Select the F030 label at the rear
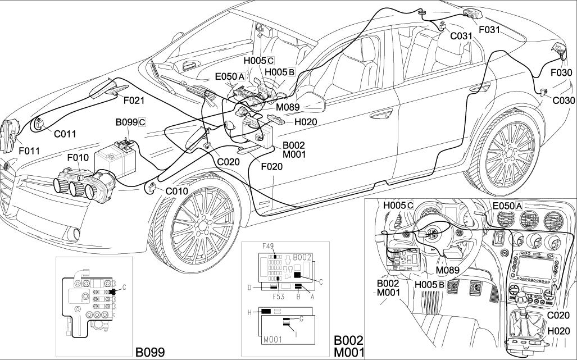click(x=561, y=72)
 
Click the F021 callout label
click(x=134, y=101)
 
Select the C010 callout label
click(x=176, y=191)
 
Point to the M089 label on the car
click(x=287, y=107)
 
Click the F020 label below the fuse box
click(x=272, y=166)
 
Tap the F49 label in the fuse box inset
click(x=269, y=246)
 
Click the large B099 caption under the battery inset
click(x=150, y=352)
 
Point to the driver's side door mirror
click(x=310, y=102)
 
